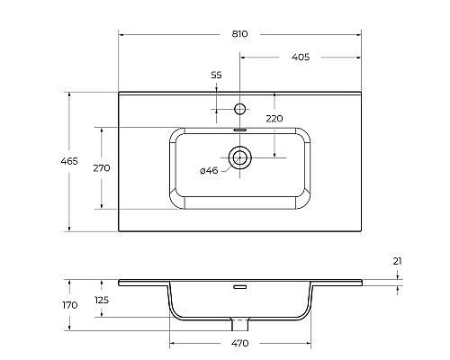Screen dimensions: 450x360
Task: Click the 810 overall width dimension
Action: click(240, 34)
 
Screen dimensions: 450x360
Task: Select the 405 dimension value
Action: click(301, 57)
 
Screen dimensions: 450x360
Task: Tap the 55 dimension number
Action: click(216, 75)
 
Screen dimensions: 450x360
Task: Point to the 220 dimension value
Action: click(274, 119)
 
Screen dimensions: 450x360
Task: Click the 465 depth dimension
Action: click(69, 161)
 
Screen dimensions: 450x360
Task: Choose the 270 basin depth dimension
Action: click(102, 168)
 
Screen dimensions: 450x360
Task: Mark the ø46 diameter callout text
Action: click(209, 171)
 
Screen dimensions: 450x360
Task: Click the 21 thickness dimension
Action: click(397, 261)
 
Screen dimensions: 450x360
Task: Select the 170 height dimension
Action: click(70, 305)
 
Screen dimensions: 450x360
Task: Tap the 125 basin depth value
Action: click(102, 300)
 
